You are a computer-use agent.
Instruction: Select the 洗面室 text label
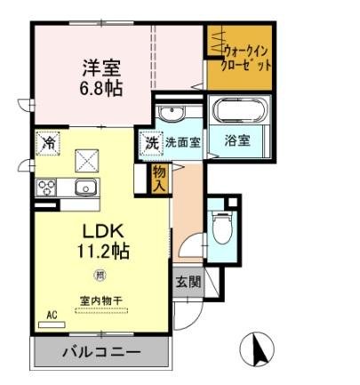180,141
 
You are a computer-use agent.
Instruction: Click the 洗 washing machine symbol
151,141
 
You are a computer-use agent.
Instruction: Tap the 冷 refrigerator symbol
48,142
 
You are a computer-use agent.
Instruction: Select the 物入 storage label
159,179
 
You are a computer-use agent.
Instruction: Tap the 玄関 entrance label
188,282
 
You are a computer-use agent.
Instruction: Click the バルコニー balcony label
100,353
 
